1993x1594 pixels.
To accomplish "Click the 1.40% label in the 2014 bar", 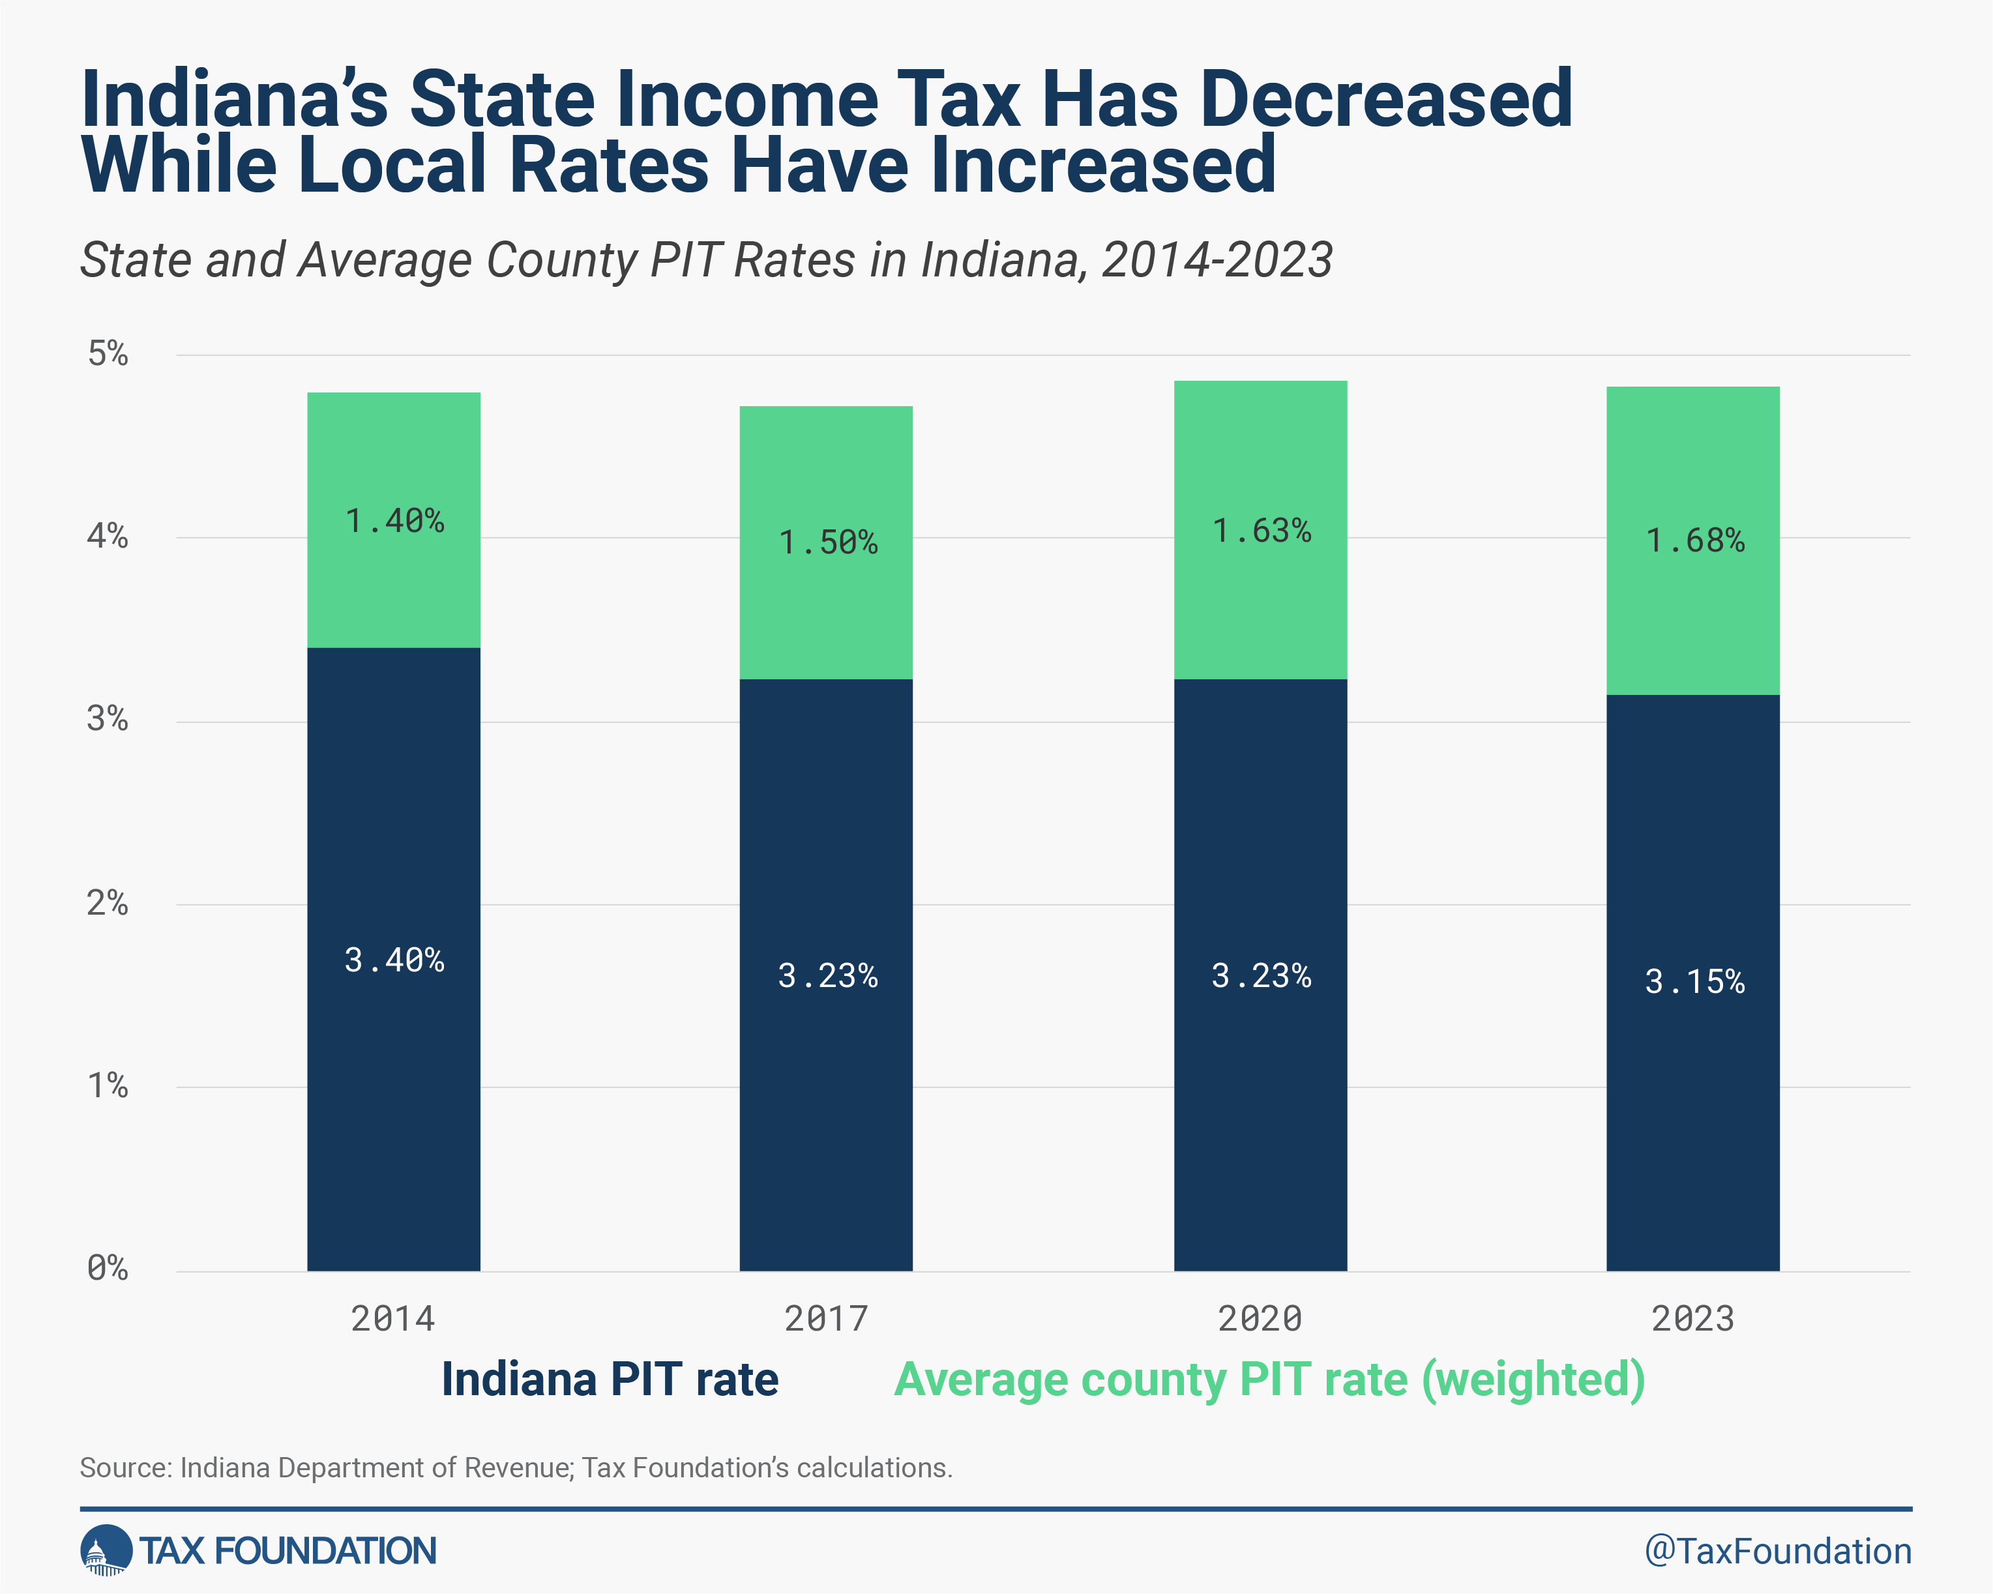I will point(394,522).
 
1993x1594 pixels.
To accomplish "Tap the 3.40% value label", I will point(394,961).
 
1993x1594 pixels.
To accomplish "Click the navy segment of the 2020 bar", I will point(1260,1110).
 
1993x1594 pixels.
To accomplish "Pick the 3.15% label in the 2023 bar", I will point(1694,982).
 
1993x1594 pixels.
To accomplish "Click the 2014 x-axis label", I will point(393,1318).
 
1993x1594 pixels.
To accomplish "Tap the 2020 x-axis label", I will point(1260,1318).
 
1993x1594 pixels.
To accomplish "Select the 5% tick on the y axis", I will point(107,353).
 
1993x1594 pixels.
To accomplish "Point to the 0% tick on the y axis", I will point(107,1269).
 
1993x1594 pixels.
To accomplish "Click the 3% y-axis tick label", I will point(107,719).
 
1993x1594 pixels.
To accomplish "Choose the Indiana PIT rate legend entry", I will point(610,1380).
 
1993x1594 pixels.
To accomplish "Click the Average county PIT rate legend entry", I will point(1269,1380).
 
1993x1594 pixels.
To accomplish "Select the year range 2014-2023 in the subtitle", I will point(1217,260).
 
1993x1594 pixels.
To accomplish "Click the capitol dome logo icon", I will point(106,1550).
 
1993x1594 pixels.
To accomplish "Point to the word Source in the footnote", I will point(124,1468).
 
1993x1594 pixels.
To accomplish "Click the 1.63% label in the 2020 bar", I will point(1261,531).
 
